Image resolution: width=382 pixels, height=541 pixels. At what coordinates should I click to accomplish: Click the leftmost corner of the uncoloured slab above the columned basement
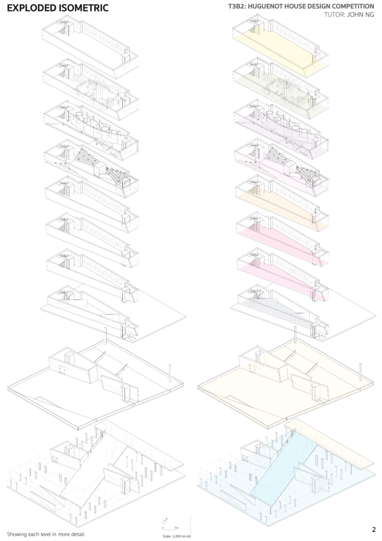(7, 388)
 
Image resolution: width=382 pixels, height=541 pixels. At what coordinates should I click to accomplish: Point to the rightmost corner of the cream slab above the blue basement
(375, 381)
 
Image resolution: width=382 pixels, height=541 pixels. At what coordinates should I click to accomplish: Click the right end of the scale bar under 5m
(178, 531)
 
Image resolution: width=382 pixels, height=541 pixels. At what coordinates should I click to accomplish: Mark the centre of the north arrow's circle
(165, 520)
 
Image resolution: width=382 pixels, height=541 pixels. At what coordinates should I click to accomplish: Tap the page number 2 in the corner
(374, 529)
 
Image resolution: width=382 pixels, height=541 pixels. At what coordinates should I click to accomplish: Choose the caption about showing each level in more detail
(46, 535)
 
